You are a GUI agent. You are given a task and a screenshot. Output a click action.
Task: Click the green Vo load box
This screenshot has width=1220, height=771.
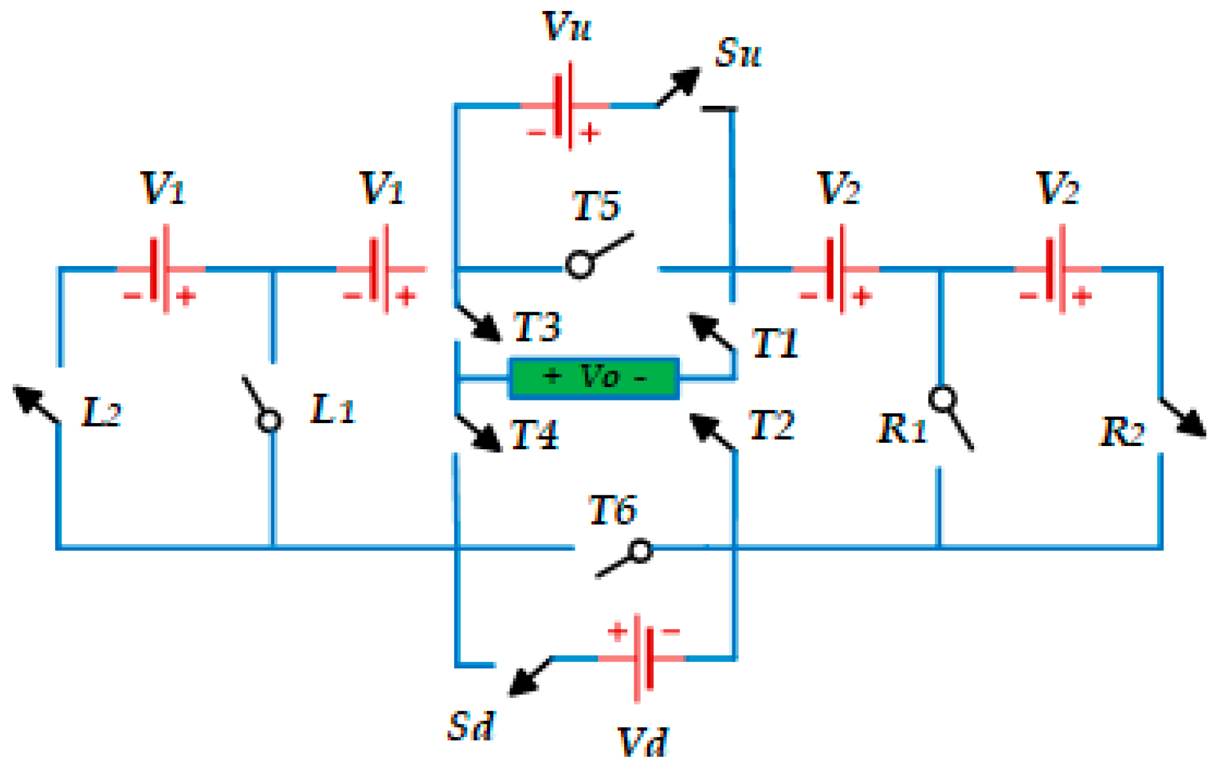point(594,377)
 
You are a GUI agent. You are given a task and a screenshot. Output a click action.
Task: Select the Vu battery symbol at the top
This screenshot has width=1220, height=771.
point(565,106)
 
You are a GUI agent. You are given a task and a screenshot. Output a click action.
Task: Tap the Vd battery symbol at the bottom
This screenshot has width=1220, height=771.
point(643,658)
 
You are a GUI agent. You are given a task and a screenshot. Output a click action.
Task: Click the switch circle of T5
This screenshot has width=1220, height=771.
point(580,265)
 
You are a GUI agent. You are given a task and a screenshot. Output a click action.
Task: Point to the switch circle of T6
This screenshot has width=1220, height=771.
point(640,551)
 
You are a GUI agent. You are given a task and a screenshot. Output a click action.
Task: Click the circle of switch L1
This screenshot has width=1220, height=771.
point(268,421)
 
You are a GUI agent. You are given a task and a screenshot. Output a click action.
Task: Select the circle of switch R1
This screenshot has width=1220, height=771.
point(942,399)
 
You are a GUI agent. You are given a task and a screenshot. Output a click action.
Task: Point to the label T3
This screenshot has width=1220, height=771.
point(537,326)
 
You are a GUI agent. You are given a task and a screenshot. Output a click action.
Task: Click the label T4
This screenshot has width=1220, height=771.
point(534,435)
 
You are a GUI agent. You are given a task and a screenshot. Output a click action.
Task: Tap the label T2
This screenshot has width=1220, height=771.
point(771,425)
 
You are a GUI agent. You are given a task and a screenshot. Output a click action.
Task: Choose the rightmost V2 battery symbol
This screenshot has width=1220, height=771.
point(1057,269)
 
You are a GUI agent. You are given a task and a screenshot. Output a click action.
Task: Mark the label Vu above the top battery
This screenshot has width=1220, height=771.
point(567,27)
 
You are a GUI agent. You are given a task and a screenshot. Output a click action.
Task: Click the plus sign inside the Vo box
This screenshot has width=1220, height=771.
point(552,376)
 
